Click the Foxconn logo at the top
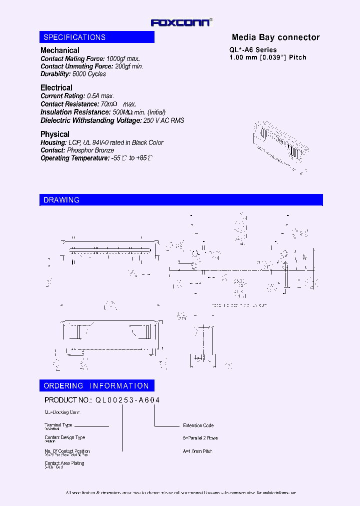coord(181,22)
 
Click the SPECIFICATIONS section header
coord(74,37)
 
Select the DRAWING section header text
coord(61,200)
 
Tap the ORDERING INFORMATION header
coord(96,386)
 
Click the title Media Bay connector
coord(275,37)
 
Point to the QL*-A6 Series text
coord(253,50)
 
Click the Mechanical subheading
coord(59,50)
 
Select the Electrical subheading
coord(56,88)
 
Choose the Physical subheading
coord(55,134)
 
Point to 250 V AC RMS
coord(163,120)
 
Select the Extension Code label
coord(198,425)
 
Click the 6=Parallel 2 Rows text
coord(200,438)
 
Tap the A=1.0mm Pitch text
coord(197,451)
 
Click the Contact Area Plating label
coord(64,463)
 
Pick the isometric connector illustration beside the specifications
coord(280,146)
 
